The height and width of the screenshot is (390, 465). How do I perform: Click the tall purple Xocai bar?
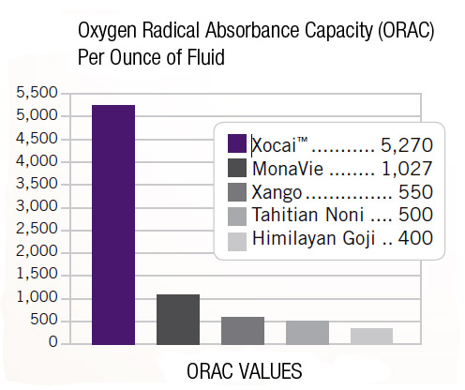113,224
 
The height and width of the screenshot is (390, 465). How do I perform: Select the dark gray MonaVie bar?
178,320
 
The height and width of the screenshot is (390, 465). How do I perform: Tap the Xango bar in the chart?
242,330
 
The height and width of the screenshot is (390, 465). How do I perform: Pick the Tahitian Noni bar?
307,332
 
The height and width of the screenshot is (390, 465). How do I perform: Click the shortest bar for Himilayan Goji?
370,336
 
